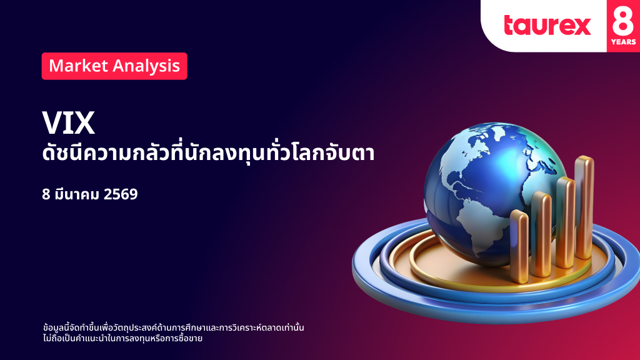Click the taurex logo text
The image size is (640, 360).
(x=547, y=25)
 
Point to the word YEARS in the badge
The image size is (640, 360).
(x=623, y=42)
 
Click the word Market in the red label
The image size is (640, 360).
(x=78, y=66)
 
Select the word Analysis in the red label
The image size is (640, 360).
(x=146, y=66)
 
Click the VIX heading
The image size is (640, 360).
(x=69, y=122)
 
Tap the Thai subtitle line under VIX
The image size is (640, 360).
(x=208, y=153)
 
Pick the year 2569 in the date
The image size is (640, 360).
(x=121, y=194)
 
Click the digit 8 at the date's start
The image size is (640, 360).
(x=46, y=194)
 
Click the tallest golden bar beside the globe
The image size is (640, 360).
(x=584, y=207)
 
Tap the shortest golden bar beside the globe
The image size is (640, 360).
(x=519, y=246)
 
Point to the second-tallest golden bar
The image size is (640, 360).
(x=565, y=222)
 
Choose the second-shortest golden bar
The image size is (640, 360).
(x=542, y=234)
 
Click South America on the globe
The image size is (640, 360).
(x=482, y=229)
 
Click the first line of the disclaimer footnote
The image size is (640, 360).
(x=174, y=327)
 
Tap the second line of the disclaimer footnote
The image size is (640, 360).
(x=123, y=338)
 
